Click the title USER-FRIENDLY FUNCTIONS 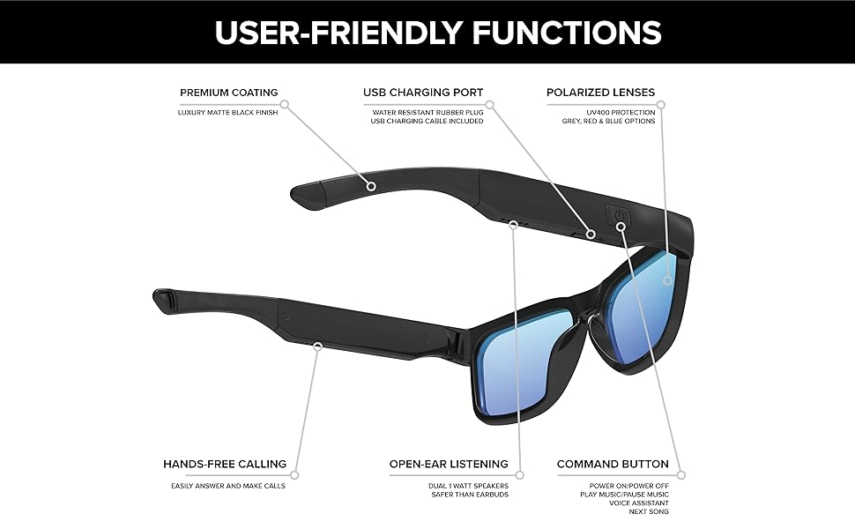point(438,33)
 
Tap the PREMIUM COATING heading point(229,93)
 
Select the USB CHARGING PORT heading point(423,93)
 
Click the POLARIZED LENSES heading point(600,93)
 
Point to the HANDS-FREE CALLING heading point(225,464)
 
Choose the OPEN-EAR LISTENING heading point(449,464)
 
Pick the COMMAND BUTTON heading point(613,464)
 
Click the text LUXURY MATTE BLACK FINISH point(227,113)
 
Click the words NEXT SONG point(649,512)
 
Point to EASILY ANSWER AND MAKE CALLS point(227,486)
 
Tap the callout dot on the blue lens point(668,280)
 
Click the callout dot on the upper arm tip point(371,186)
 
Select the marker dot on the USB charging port point(591,235)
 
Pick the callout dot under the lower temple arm point(316,348)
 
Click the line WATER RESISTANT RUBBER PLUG point(427,112)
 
